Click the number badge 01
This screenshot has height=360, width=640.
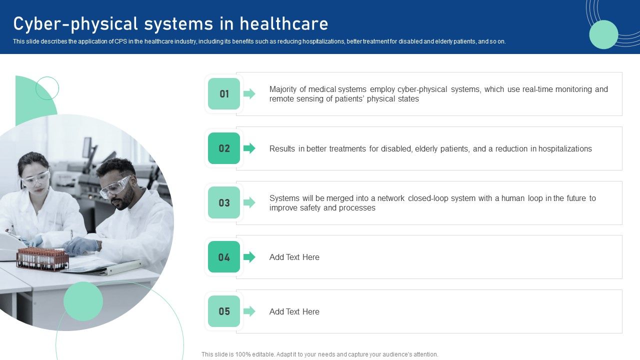224,94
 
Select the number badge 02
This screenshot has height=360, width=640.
224,148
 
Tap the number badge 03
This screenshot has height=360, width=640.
224,203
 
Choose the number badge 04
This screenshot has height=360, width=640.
224,257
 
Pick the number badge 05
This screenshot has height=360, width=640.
224,311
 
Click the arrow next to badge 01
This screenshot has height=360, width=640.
249,94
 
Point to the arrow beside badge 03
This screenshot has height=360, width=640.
249,203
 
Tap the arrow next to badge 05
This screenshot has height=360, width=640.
249,311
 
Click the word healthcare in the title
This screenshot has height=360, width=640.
284,24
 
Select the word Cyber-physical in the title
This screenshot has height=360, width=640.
75,24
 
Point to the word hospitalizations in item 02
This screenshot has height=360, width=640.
565,149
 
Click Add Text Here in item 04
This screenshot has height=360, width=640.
294,257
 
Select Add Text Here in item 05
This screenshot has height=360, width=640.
294,312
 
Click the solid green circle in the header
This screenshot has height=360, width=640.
603,34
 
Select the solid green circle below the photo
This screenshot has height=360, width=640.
83,301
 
